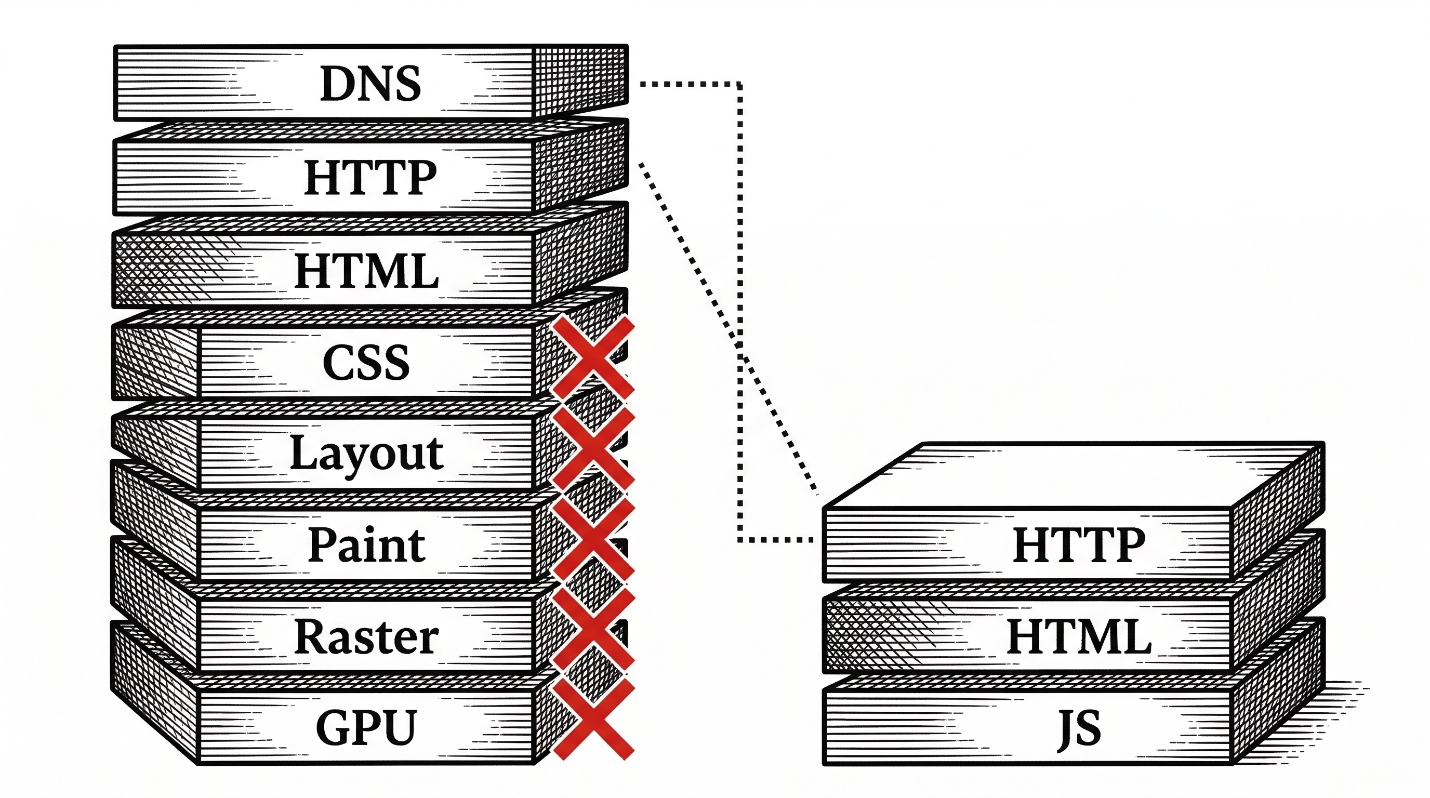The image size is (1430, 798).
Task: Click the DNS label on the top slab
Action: pyautogui.click(x=370, y=83)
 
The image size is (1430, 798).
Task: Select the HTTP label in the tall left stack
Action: pyautogui.click(x=370, y=177)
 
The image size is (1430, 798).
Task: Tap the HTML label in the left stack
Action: pyautogui.click(x=366, y=271)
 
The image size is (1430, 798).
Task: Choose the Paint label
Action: pyautogui.click(x=366, y=545)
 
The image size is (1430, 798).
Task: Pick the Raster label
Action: pyautogui.click(x=366, y=636)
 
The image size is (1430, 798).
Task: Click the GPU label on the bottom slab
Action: pyautogui.click(x=366, y=727)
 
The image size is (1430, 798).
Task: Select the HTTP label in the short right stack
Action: pyautogui.click(x=1079, y=545)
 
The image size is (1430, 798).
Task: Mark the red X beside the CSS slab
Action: pyautogui.click(x=593, y=358)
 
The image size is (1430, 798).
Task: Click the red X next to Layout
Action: pyautogui.click(x=593, y=448)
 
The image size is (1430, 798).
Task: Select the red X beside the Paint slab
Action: pyautogui.click(x=593, y=538)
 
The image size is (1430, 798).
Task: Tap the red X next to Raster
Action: pyautogui.click(x=593, y=629)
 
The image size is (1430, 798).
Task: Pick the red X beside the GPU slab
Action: pyautogui.click(x=593, y=719)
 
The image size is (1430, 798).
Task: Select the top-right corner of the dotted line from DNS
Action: pyautogui.click(x=739, y=84)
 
